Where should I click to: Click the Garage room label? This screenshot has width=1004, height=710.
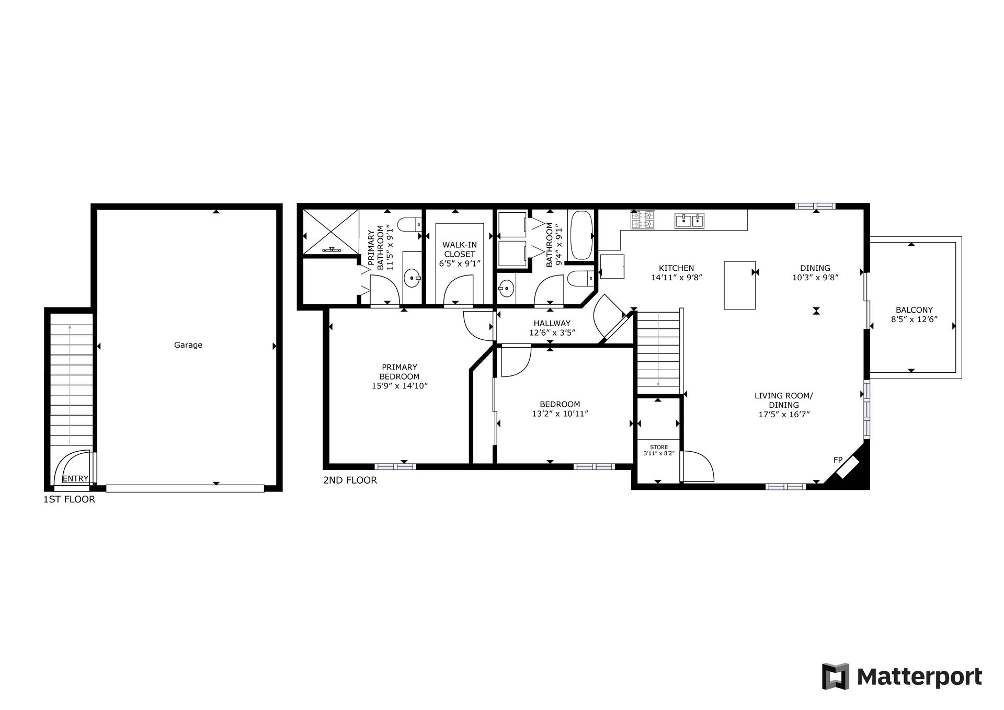188,345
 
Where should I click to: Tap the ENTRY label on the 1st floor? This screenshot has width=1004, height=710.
75,478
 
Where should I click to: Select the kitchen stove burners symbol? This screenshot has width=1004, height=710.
643,219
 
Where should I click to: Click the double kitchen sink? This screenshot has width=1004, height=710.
689,221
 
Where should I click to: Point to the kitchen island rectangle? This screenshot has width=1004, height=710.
739,285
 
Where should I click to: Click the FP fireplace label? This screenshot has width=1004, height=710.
838,460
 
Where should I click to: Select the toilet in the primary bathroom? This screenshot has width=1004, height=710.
410,225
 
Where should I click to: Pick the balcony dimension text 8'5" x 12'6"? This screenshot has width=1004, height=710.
914,319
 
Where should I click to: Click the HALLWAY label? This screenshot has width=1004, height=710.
552,323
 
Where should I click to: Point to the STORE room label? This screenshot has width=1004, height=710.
659,447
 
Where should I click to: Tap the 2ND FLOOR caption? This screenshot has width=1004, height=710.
350,480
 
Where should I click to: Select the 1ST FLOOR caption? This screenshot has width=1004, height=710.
69,499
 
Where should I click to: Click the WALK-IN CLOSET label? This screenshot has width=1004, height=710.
460,249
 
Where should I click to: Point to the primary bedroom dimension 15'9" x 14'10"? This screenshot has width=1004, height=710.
400,386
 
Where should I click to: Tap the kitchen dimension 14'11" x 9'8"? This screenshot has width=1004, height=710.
677,278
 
